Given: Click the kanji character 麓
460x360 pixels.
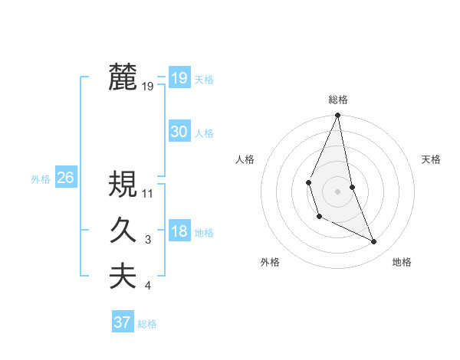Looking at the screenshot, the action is pyautogui.click(x=123, y=77).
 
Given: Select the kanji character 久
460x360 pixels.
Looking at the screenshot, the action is pyautogui.click(x=123, y=231).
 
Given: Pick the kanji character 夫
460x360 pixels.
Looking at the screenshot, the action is pyautogui.click(x=123, y=277).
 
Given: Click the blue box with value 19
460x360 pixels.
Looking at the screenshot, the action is pyautogui.click(x=179, y=77).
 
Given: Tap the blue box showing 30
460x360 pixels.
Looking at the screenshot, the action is pyautogui.click(x=179, y=132).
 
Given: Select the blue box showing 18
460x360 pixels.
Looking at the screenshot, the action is pyautogui.click(x=179, y=231).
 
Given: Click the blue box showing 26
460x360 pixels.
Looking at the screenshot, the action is pyautogui.click(x=65, y=178).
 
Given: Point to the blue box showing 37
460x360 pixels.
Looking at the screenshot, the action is pyautogui.click(x=122, y=322).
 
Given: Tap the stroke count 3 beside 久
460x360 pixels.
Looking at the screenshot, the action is pyautogui.click(x=148, y=241).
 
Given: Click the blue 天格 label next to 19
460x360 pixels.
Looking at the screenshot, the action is pyautogui.click(x=204, y=80).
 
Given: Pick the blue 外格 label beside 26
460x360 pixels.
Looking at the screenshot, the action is pyautogui.click(x=41, y=179).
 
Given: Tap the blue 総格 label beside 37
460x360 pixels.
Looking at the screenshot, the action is pyautogui.click(x=147, y=324).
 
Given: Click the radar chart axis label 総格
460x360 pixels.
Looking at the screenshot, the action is pyautogui.click(x=337, y=100).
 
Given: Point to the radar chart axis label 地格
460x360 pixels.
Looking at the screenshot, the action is pyautogui.click(x=402, y=262).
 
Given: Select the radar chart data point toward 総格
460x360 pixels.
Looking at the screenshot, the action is pyautogui.click(x=337, y=116).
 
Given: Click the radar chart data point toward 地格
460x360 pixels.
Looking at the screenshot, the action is pyautogui.click(x=374, y=241).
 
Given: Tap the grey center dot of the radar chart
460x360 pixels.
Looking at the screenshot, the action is pyautogui.click(x=337, y=190).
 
